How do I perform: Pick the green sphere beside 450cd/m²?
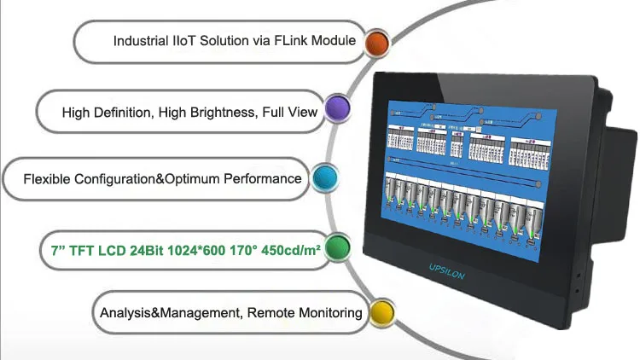(x=340, y=247)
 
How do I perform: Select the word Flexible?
(x=47, y=179)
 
